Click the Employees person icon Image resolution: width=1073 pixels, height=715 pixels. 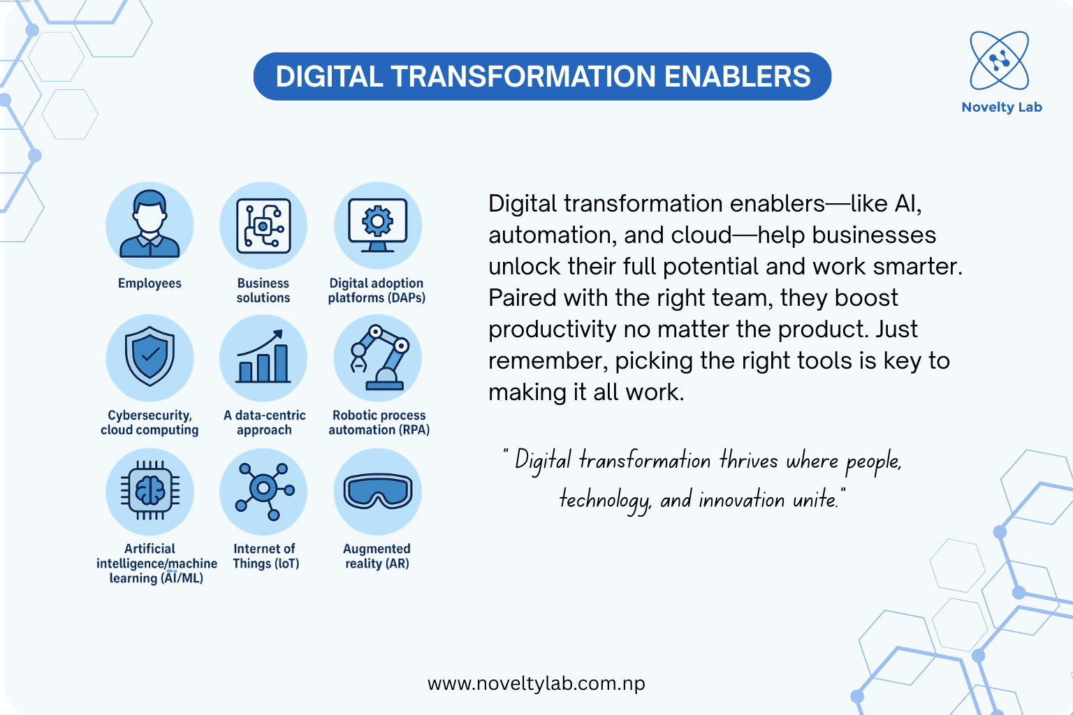point(149,226)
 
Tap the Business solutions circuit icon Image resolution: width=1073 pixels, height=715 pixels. point(263,226)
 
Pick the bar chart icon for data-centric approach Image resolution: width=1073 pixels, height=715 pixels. point(263,357)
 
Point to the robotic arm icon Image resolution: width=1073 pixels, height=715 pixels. point(377,357)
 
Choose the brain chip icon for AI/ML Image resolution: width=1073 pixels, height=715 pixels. point(149,492)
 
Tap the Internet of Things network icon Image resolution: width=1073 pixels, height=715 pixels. point(263,492)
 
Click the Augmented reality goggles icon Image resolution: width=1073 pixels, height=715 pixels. point(377,492)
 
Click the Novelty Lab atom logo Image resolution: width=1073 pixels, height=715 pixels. point(999,61)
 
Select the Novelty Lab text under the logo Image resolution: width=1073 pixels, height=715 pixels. point(1001,108)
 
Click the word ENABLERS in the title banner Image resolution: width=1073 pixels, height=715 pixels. point(737,77)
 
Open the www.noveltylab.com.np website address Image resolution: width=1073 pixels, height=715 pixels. point(536,684)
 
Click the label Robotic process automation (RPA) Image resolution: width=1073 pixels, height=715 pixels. point(379,422)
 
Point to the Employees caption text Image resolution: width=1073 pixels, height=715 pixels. point(149,283)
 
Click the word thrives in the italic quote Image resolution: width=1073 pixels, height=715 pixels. point(748,461)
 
